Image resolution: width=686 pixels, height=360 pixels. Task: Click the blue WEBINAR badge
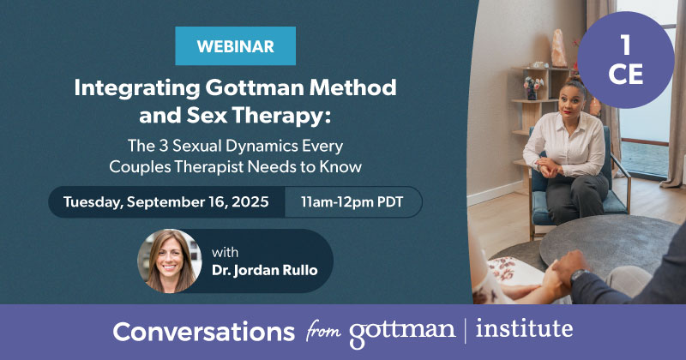235,46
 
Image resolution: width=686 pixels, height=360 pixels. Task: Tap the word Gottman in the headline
255,88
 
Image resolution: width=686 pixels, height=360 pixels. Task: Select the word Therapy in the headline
281,116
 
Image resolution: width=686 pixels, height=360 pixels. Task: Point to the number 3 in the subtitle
163,146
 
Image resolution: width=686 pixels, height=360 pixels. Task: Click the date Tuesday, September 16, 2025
166,202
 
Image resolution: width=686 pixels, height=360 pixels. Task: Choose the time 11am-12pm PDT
352,202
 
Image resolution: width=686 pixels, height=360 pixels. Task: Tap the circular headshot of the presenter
170,261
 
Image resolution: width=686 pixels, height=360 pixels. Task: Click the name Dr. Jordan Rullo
265,270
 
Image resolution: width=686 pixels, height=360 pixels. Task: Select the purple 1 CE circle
626,60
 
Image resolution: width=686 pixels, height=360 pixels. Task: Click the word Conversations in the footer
204,332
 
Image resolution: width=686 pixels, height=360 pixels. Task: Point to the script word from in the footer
323,330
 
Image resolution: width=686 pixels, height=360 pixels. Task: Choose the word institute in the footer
524,328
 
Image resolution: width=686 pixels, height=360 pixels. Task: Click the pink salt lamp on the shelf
559,48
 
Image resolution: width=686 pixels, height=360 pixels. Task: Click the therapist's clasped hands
548,168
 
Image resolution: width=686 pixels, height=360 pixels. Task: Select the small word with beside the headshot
225,252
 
